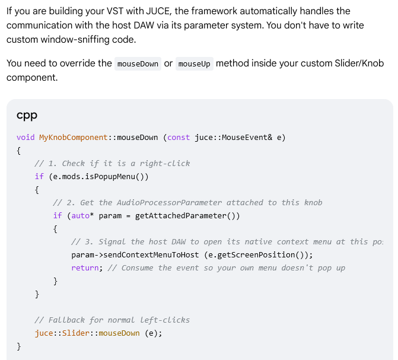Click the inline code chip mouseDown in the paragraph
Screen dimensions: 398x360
pyautogui.click(x=138, y=63)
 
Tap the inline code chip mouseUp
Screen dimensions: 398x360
pyautogui.click(x=195, y=63)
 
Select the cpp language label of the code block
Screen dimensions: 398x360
pyautogui.click(x=27, y=116)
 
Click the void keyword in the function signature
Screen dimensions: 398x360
pyautogui.click(x=26, y=138)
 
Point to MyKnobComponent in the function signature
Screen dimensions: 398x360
pyautogui.click(x=74, y=138)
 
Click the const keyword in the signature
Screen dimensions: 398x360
pyautogui.click(x=179, y=138)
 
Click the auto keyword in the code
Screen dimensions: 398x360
pyautogui.click(x=81, y=215)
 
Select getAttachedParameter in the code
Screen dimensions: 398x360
pyautogui.click(x=181, y=215)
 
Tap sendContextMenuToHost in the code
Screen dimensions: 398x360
pyautogui.click(x=151, y=254)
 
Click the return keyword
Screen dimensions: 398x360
pyautogui.click(x=85, y=268)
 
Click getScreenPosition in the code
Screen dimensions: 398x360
pyautogui.click(x=256, y=254)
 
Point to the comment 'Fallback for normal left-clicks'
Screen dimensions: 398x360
pyautogui.click(x=112, y=320)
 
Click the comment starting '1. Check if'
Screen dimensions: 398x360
pyautogui.click(x=112, y=163)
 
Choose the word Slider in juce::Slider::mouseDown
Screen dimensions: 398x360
pyautogui.click(x=76, y=333)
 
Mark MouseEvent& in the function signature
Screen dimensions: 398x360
pyautogui.click(x=247, y=138)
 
